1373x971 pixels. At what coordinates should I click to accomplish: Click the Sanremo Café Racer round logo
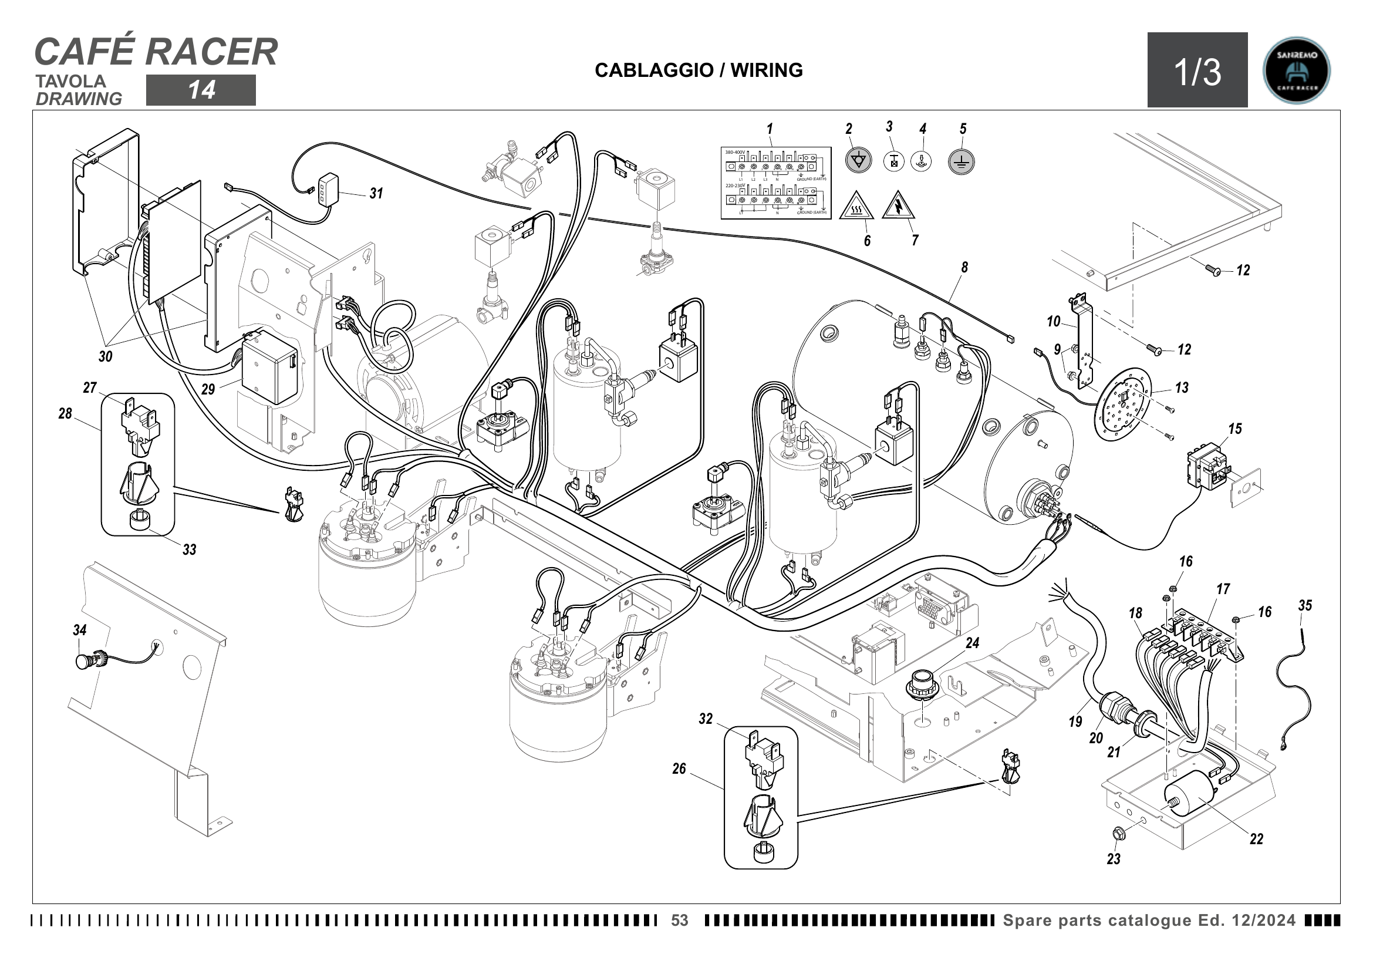click(x=1297, y=70)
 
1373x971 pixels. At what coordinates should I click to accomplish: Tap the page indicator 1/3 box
click(x=1197, y=70)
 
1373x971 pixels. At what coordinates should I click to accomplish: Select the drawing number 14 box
click(x=201, y=90)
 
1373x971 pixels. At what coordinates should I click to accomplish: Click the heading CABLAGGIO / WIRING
click(x=699, y=70)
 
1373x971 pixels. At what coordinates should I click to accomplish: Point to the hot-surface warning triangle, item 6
click(x=856, y=206)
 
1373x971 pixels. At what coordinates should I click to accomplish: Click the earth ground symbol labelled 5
click(x=961, y=161)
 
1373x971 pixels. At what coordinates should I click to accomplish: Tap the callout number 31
click(x=376, y=193)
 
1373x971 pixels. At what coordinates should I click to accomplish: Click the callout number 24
click(x=972, y=643)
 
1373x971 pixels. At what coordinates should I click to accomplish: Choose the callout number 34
click(x=79, y=630)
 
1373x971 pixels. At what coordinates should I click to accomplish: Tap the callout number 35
click(x=1305, y=606)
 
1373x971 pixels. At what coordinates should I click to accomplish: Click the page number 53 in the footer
click(x=680, y=920)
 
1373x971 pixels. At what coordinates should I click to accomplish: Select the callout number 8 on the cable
click(x=964, y=267)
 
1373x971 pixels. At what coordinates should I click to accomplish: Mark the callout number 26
click(x=679, y=769)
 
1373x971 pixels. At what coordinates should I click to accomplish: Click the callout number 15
click(x=1235, y=429)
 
